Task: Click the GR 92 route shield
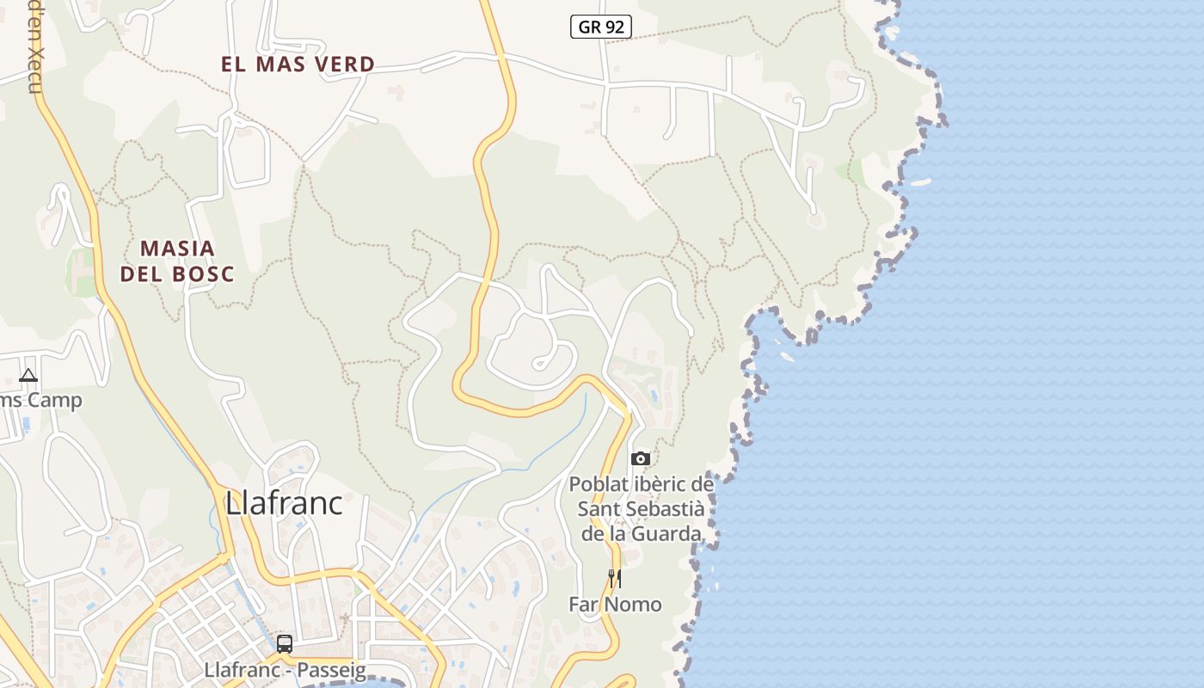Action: pos(601,27)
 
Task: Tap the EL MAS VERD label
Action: pos(298,64)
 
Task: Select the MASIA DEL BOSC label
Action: pos(177,261)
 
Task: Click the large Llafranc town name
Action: pos(284,503)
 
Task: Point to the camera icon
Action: pos(641,458)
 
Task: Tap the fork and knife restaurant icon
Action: pos(614,578)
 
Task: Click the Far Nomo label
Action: pos(615,605)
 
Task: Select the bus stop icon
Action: pos(285,643)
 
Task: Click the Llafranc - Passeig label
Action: pos(286,670)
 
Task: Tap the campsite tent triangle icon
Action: pos(28,375)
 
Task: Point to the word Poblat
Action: pos(599,484)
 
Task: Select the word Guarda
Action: pos(666,534)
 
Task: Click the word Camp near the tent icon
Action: pos(54,400)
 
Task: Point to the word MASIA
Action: pos(177,249)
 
